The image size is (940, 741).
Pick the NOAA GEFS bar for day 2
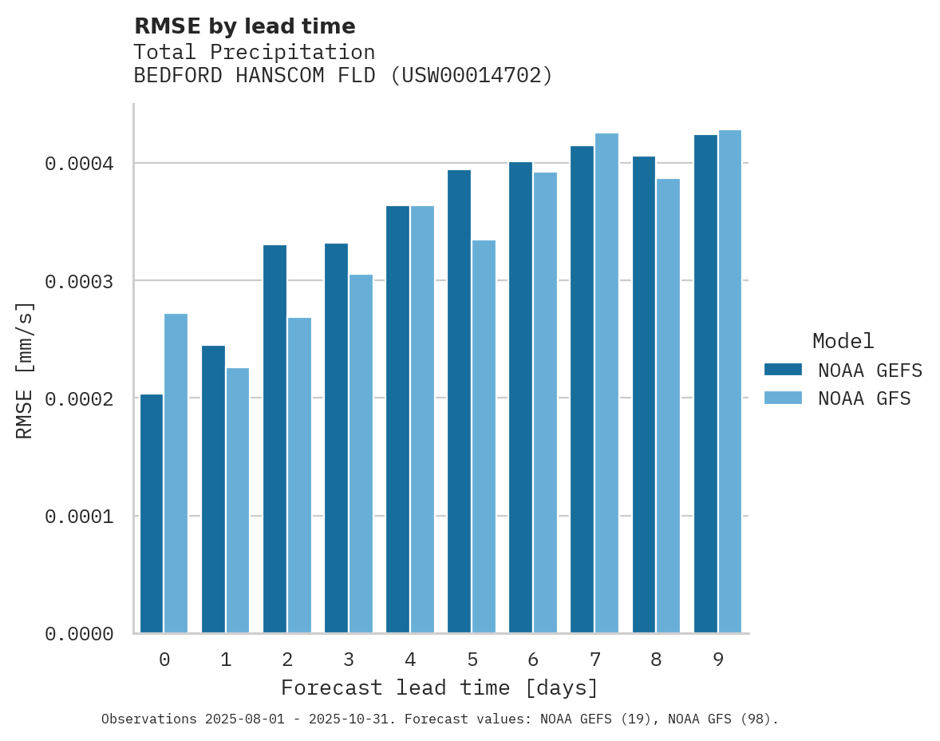274,438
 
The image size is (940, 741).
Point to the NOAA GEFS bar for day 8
644,394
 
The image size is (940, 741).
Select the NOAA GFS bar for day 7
606,382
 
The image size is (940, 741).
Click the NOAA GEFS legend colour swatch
783,370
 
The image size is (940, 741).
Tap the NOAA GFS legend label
864,398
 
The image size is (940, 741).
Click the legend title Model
843,341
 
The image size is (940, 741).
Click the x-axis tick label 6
533,660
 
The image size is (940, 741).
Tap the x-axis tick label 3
349,660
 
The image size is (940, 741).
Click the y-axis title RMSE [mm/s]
25,370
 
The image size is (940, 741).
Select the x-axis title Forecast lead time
440,688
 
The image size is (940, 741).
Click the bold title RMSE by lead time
244,26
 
